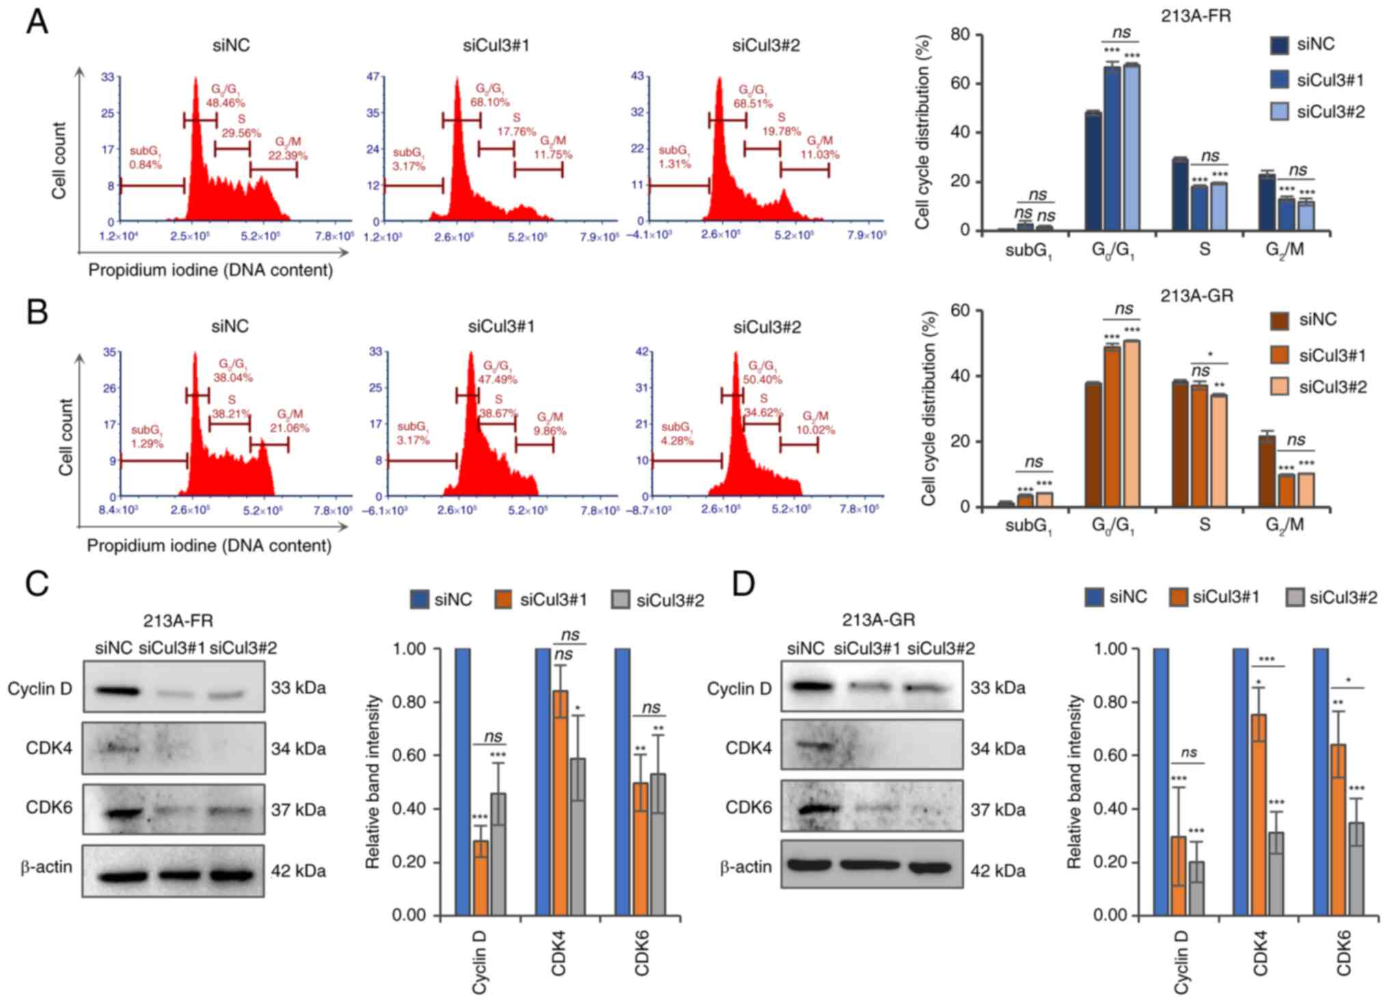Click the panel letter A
click(x=37, y=22)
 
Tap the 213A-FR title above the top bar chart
click(x=1195, y=16)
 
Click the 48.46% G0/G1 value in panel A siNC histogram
click(x=225, y=102)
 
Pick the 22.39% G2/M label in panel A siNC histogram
click(x=288, y=156)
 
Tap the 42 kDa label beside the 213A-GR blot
click(x=998, y=870)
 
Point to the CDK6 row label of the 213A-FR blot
click(x=49, y=807)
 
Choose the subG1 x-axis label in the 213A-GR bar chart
click(x=1029, y=526)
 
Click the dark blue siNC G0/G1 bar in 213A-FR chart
click(x=1093, y=171)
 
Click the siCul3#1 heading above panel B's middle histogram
click(x=501, y=327)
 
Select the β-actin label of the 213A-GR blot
click(x=746, y=867)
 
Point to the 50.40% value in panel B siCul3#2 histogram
click(x=764, y=379)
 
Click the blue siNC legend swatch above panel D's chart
click(x=1094, y=598)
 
